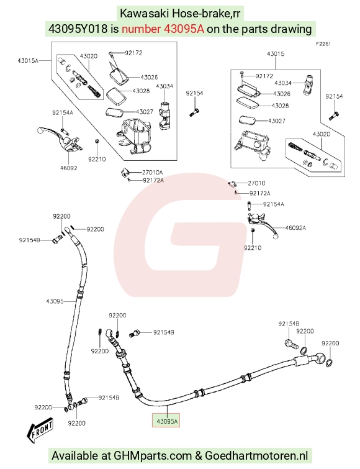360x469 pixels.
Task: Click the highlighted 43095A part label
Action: (x=166, y=421)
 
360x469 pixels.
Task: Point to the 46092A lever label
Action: (x=295, y=228)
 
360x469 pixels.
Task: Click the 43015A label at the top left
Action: (x=28, y=61)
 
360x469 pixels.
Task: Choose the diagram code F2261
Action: (x=323, y=44)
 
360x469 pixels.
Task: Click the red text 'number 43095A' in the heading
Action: (x=163, y=29)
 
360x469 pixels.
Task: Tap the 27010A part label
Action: (x=152, y=172)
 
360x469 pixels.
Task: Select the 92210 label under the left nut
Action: (x=97, y=159)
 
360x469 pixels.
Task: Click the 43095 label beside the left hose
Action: (x=55, y=301)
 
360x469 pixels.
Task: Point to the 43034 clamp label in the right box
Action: (x=283, y=83)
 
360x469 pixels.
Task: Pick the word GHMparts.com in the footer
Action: (x=153, y=456)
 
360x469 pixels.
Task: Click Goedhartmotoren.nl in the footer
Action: (x=256, y=456)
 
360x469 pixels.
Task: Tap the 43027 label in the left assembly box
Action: (x=145, y=112)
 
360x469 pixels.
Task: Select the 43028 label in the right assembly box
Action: (x=280, y=106)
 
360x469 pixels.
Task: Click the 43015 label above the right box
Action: (x=276, y=54)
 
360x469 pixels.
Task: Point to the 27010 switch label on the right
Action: (x=256, y=183)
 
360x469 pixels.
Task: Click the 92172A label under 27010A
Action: (x=153, y=180)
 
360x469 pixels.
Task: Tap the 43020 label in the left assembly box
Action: (x=88, y=57)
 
